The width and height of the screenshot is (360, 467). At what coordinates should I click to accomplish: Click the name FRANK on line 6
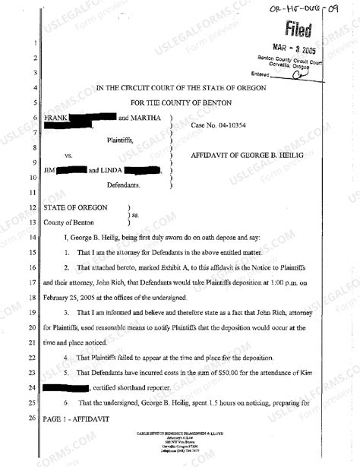pos(57,118)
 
